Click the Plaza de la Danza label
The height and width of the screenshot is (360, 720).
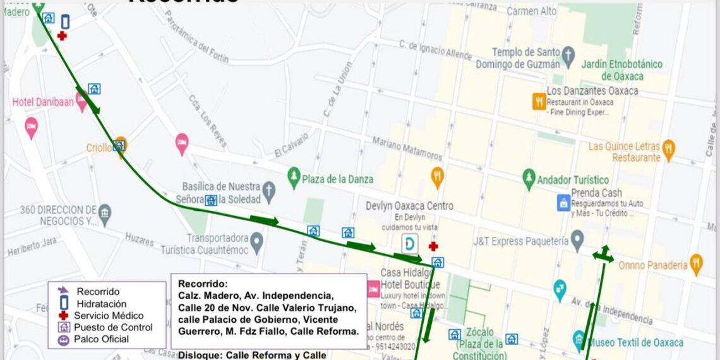337,179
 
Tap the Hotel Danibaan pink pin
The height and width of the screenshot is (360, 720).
81,100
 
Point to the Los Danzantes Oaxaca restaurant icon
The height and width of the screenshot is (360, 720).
539,101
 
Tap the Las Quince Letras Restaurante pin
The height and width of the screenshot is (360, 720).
668,150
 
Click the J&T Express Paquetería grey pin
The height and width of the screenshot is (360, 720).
577,239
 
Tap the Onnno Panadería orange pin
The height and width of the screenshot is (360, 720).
696,264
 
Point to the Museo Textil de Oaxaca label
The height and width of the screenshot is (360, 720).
636,343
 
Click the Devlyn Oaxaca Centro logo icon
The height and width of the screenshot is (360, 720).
409,243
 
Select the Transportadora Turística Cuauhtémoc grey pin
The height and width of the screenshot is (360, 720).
256,241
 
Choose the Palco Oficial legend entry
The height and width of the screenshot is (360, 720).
101,339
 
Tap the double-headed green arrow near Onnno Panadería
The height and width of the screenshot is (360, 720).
603,255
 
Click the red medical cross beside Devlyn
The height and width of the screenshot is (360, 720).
433,246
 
